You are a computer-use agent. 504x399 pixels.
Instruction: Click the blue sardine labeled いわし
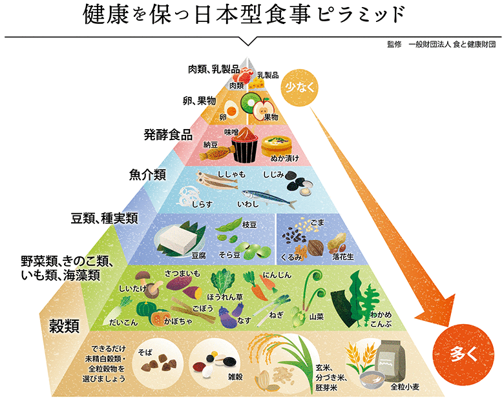click(x=268, y=195)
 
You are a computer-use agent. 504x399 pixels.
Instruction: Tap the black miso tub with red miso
click(x=245, y=147)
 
